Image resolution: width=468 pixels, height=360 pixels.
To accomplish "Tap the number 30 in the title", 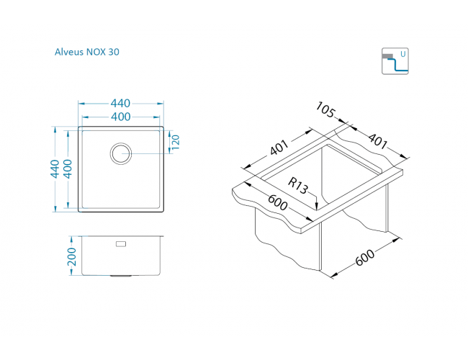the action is (x=114, y=52).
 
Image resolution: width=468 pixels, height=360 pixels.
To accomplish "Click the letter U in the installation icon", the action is (x=403, y=54).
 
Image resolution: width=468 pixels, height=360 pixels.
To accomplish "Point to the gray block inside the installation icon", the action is (x=387, y=56).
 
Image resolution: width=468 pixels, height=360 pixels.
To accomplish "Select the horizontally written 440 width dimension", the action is (x=120, y=103).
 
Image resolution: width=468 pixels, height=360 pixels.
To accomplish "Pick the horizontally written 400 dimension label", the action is (x=120, y=117).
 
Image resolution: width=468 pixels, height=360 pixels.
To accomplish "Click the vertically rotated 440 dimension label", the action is (x=55, y=169).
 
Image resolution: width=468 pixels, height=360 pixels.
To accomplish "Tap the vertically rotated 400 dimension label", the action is (x=68, y=169).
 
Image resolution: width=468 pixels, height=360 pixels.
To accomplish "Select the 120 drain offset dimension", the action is (x=176, y=143).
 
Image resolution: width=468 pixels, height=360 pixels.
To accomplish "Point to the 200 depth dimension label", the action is (x=72, y=256).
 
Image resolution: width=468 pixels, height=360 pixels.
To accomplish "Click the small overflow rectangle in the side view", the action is (x=121, y=244).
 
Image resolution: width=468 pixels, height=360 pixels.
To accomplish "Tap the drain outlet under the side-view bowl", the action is (x=121, y=276).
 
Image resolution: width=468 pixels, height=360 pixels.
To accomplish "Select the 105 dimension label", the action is (x=325, y=109).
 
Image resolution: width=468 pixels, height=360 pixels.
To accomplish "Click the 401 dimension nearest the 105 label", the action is (x=378, y=140).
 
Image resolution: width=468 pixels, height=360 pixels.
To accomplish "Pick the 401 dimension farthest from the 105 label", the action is (x=279, y=148).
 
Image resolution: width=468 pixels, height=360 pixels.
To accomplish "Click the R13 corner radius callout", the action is (x=298, y=185).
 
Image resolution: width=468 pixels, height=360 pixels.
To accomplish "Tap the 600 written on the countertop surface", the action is (x=278, y=202).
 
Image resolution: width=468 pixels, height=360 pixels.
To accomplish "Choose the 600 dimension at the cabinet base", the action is (x=365, y=257).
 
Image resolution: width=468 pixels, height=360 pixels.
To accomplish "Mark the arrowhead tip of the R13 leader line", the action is (x=316, y=210).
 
